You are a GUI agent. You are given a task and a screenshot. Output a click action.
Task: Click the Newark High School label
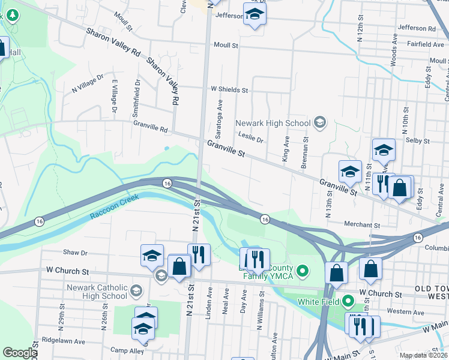pyautogui.click(x=273, y=123)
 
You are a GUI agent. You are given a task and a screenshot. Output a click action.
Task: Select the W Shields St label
pyautogui.click(x=229, y=89)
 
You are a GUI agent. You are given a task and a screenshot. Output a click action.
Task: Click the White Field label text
pyautogui.click(x=318, y=301)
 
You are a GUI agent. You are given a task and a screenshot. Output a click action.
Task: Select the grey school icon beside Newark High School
pyautogui.click(x=320, y=123)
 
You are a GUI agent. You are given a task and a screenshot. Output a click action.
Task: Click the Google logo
pyautogui.click(x=19, y=353)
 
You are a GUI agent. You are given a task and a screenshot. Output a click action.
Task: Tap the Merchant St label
pyautogui.click(x=362, y=224)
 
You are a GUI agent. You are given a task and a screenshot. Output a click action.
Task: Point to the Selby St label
pyautogui.click(x=418, y=140)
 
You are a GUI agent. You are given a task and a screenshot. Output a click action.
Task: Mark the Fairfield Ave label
pyautogui.click(x=424, y=44)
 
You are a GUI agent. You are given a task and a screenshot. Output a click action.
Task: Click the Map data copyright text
pyautogui.click(x=423, y=355)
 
